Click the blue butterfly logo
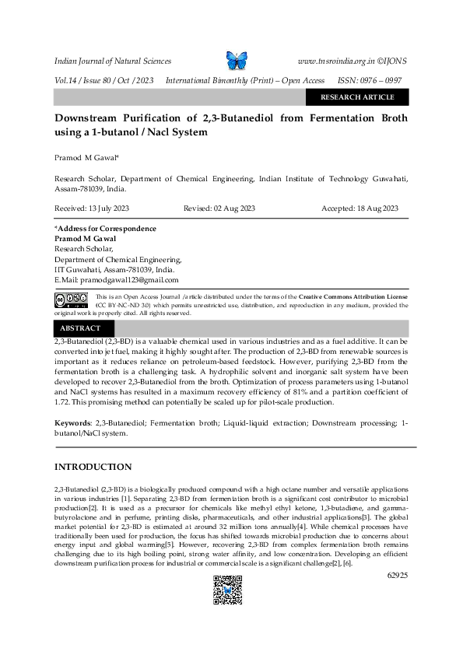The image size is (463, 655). click(235, 60)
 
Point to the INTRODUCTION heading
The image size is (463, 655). click(92, 467)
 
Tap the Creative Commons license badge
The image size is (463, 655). click(71, 299)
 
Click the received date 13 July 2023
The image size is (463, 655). click(86, 208)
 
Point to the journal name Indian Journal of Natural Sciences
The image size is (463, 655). click(112, 61)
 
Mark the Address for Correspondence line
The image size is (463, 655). click(105, 229)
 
